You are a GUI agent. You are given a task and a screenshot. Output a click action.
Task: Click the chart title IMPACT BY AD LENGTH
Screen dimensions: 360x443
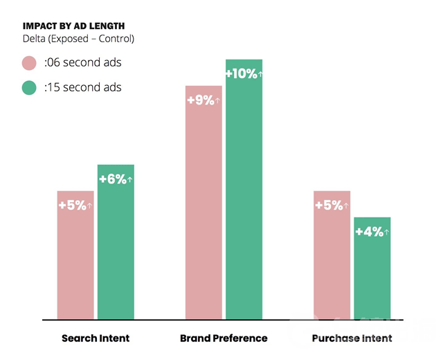pyautogui.click(x=73, y=26)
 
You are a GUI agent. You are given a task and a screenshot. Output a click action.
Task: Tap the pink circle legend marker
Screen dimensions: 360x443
pyautogui.click(x=29, y=63)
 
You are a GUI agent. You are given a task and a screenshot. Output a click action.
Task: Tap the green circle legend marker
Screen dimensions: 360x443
pyautogui.click(x=29, y=88)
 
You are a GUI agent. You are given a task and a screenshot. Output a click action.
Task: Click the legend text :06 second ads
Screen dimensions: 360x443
pyautogui.click(x=82, y=63)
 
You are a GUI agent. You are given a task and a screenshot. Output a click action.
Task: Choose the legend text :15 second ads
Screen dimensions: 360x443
pyautogui.click(x=82, y=88)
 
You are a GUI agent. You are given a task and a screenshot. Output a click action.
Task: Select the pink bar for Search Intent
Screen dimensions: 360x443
pyautogui.click(x=75, y=263)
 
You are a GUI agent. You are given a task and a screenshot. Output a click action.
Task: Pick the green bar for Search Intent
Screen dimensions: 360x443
pyautogui.click(x=116, y=249)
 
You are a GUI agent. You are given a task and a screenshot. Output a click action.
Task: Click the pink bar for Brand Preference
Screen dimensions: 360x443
pyautogui.click(x=204, y=208)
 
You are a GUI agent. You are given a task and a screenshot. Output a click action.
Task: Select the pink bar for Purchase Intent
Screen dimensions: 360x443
pyautogui.click(x=332, y=263)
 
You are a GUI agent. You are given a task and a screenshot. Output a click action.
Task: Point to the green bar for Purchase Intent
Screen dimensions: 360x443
pyautogui.click(x=372, y=277)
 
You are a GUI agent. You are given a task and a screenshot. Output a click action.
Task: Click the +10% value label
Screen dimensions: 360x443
pyautogui.click(x=244, y=74)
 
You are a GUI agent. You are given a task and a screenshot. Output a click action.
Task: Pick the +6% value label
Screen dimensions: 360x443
pyautogui.click(x=116, y=179)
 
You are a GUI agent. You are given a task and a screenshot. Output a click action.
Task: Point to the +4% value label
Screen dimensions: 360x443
pyautogui.click(x=372, y=232)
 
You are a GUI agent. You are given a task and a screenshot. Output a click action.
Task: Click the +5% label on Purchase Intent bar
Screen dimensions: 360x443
pyautogui.click(x=332, y=206)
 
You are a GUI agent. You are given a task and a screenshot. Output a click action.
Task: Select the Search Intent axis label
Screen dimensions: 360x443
pyautogui.click(x=96, y=339)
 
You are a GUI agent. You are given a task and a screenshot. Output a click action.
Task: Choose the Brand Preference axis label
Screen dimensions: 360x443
pyautogui.click(x=224, y=339)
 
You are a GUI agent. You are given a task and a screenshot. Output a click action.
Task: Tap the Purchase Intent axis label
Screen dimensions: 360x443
pyautogui.click(x=352, y=339)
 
